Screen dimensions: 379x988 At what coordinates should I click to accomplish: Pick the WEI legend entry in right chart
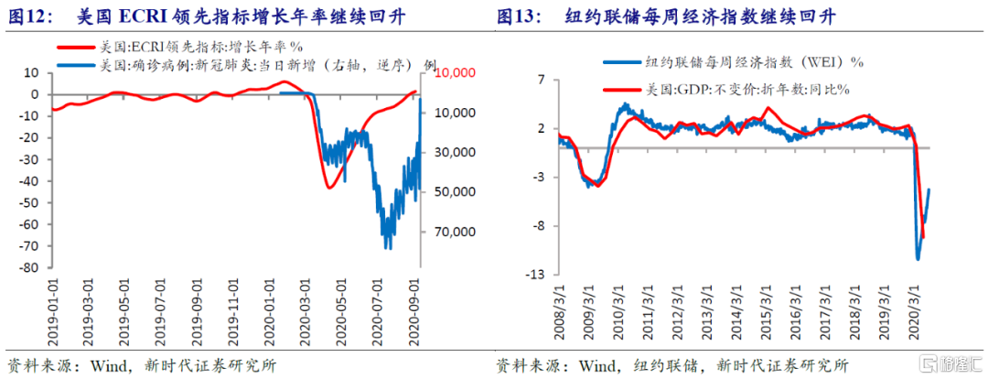tap(732, 62)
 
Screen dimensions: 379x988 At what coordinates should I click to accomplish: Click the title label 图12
tap(27, 16)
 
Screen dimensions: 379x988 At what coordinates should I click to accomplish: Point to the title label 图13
tap(518, 16)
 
